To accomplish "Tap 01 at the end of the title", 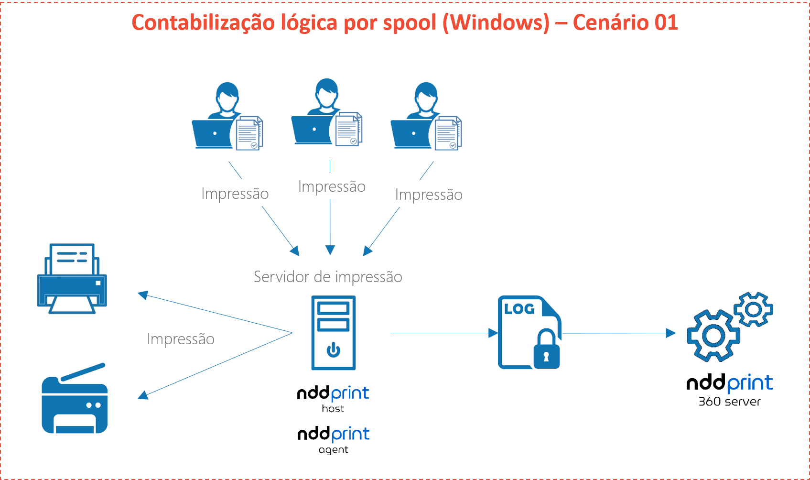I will pos(666,23).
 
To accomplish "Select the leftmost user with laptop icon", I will pos(230,120).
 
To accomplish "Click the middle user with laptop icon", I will pos(329,116).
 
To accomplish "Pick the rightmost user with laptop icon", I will pos(429,120).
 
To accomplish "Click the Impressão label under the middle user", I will pos(332,186).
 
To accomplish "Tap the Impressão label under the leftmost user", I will pos(235,193).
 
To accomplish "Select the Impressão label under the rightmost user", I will pos(429,194).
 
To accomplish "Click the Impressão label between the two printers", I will pos(181,338).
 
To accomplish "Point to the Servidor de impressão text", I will pos(328,277).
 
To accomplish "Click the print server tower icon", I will pos(333,333).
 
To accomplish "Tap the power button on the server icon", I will pos(333,350).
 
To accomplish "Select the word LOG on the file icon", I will pos(519,309).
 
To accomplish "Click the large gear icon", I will pos(713,335).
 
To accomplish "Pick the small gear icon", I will pos(754,309).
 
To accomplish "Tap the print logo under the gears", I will pos(749,383).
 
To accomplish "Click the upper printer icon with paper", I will pos(72,278).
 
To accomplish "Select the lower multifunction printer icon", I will pos(75,398).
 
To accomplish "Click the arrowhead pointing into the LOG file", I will pos(493,333).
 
